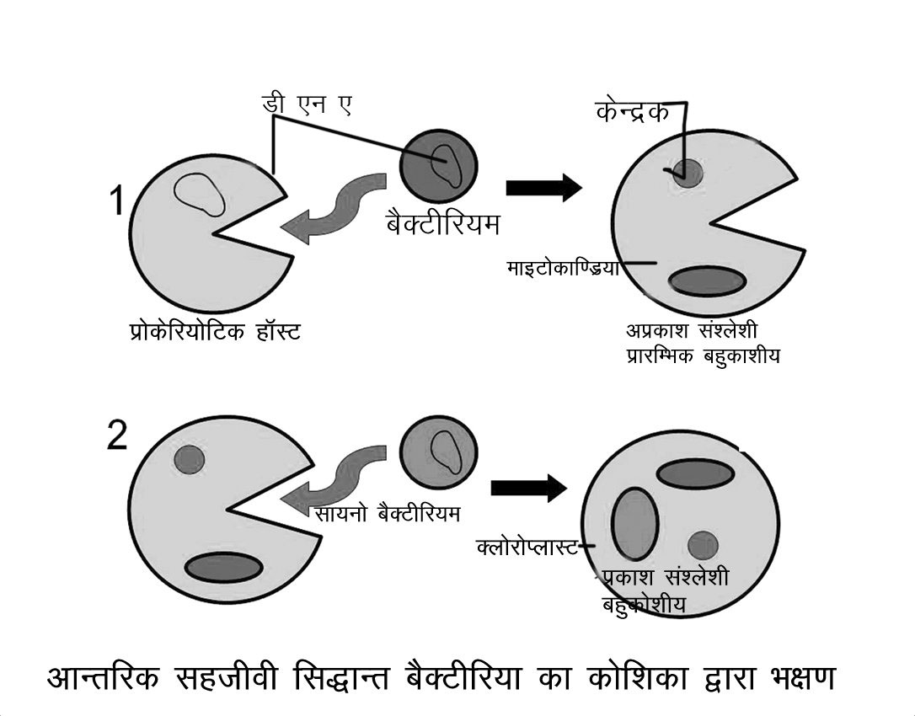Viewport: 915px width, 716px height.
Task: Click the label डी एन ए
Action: [x=304, y=106]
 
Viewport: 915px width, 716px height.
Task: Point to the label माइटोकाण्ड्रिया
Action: [x=563, y=268]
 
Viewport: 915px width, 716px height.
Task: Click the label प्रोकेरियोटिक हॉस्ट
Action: [x=209, y=332]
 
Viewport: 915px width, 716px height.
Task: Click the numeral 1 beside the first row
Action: [x=119, y=203]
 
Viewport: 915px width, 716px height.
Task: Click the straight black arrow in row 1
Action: [x=543, y=188]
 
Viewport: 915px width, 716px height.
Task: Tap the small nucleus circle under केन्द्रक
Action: [x=688, y=173]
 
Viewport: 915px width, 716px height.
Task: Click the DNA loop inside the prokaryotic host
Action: [x=200, y=195]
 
